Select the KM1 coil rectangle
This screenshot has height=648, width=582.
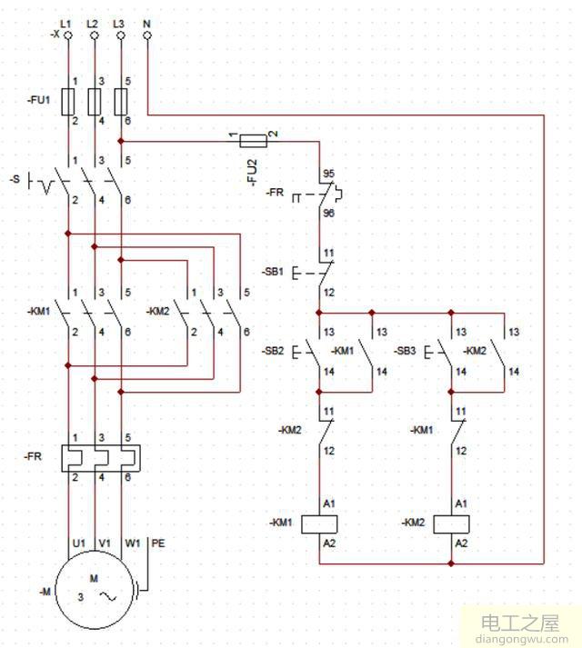(x=320, y=523)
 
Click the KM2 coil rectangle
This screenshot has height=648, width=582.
(x=452, y=523)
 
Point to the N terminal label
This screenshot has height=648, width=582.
(x=146, y=21)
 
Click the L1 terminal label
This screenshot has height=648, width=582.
(x=65, y=21)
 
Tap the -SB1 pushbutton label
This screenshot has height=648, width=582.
(x=276, y=271)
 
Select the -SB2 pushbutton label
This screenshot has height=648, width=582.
(x=274, y=351)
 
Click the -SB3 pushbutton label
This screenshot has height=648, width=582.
(x=406, y=351)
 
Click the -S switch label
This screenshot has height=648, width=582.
(x=15, y=180)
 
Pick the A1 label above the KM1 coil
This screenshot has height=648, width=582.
(x=330, y=503)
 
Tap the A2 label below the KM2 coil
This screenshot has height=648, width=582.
(x=462, y=543)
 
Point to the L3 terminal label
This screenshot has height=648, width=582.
(x=119, y=21)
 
